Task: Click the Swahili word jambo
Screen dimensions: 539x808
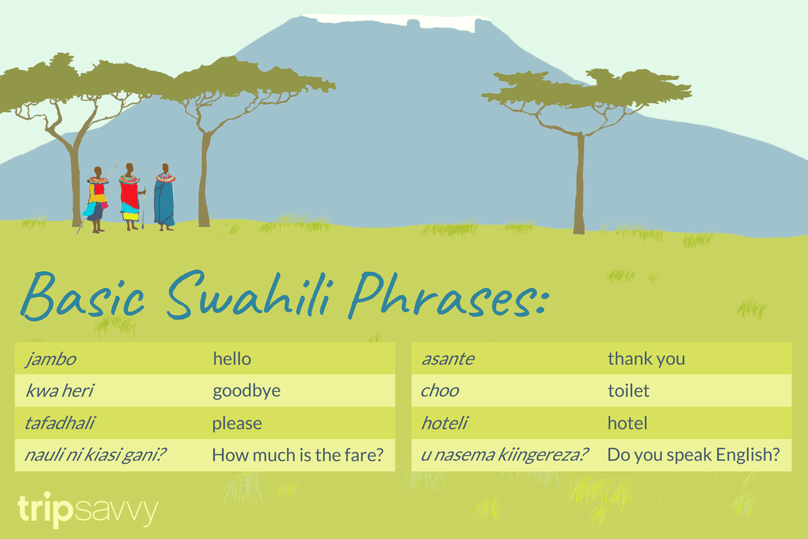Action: click(x=51, y=359)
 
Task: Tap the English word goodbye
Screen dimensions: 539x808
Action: click(x=247, y=391)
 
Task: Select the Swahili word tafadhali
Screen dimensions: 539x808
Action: click(x=60, y=423)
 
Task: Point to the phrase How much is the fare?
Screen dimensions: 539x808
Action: click(x=298, y=455)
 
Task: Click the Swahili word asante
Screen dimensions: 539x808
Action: click(x=448, y=359)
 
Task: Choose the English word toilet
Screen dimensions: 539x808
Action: click(x=629, y=391)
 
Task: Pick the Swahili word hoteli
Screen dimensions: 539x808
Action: click(x=444, y=423)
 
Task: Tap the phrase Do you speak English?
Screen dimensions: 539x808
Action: click(x=693, y=455)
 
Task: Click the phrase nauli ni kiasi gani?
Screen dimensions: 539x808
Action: click(x=95, y=455)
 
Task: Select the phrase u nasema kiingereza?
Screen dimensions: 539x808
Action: click(x=504, y=455)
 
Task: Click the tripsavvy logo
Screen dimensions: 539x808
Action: click(x=88, y=509)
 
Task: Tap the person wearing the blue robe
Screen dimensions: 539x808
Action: click(x=164, y=199)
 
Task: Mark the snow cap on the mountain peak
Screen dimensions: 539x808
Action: click(x=399, y=20)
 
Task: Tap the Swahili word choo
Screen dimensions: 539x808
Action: click(x=440, y=391)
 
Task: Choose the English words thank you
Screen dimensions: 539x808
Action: click(x=646, y=359)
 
